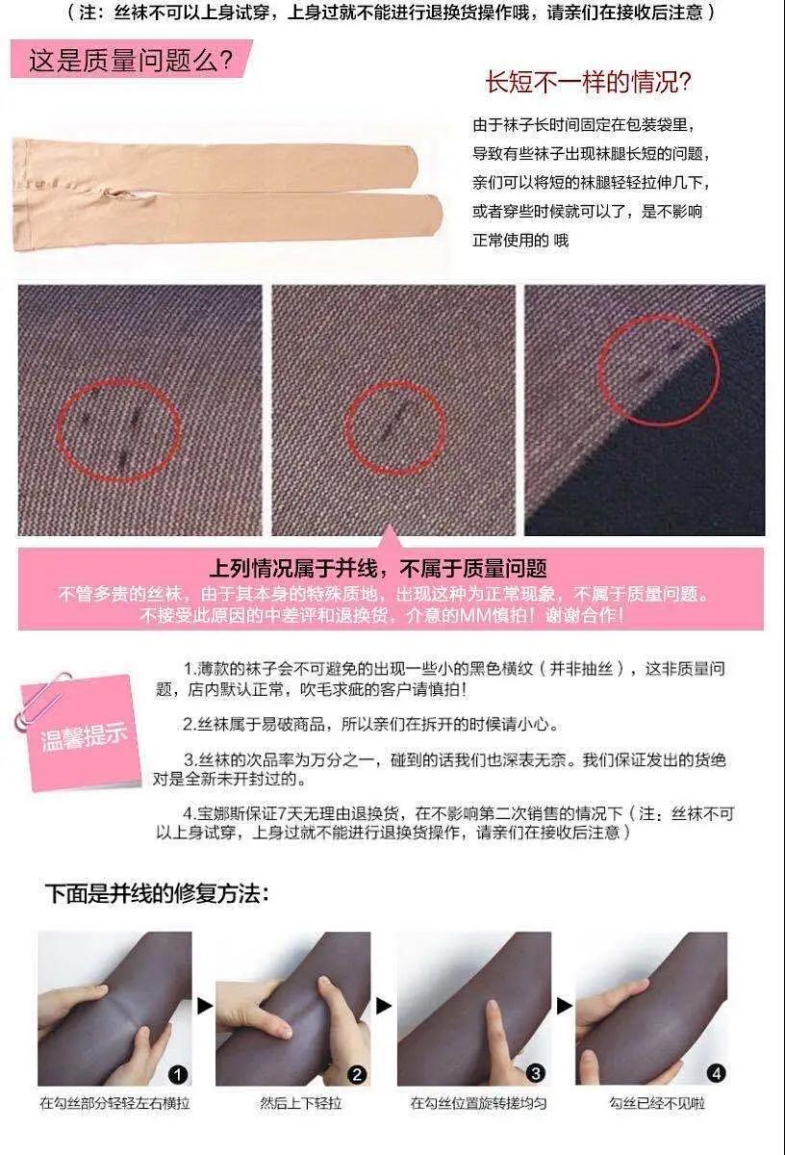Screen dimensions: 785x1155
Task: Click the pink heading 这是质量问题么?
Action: tap(131, 61)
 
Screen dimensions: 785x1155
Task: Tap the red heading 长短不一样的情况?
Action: tap(589, 83)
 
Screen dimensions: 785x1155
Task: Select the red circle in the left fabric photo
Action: tap(119, 381)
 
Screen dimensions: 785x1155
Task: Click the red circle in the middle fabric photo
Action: tap(394, 382)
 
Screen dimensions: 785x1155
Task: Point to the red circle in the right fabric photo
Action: tap(658, 318)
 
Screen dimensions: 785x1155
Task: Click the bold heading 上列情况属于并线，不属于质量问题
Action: tap(378, 569)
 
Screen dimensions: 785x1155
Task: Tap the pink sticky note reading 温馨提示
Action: tap(83, 734)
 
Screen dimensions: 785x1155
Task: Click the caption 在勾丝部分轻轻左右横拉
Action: tap(114, 1103)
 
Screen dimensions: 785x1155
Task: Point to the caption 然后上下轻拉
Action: tap(300, 1103)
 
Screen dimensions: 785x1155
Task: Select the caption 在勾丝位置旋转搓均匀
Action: tap(478, 1103)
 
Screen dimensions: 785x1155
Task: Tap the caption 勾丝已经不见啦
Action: tap(657, 1103)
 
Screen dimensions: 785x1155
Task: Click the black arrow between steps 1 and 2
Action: tap(205, 1006)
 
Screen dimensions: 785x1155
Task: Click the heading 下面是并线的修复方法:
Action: tap(157, 893)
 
